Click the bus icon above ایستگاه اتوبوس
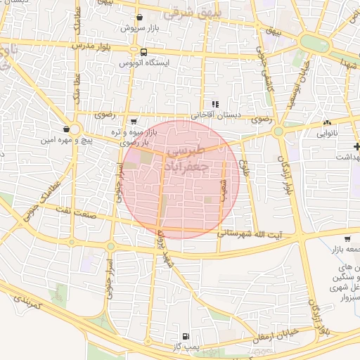144,52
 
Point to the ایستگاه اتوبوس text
143,63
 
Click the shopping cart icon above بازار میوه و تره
134,122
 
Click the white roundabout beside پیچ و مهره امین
75,129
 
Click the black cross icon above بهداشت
357,146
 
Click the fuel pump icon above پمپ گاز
186,337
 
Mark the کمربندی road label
28,303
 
